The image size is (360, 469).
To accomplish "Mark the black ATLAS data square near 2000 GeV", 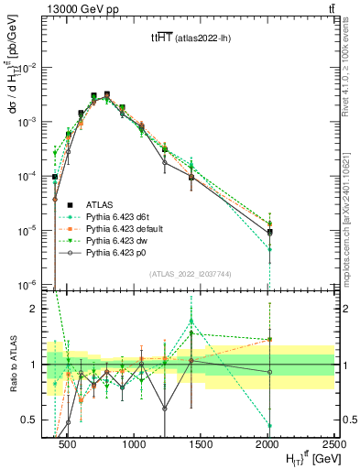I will click(x=269, y=232).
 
